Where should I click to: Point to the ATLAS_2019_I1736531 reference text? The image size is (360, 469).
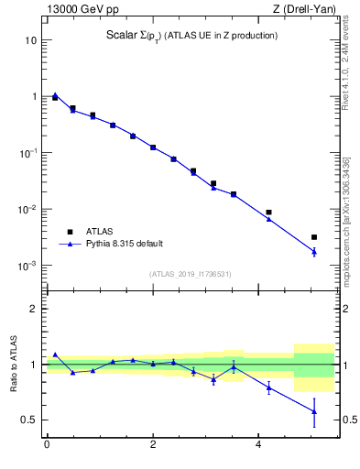coord(191,273)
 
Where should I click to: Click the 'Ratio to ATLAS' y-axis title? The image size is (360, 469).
coord(14,364)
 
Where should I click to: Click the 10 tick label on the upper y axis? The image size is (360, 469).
coord(31,40)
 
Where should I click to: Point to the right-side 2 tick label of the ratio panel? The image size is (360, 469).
coord(345,309)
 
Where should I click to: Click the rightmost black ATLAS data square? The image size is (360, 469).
coord(314,237)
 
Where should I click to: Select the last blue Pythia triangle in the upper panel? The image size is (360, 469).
coord(314,251)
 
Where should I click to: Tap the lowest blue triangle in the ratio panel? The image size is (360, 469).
coord(314,411)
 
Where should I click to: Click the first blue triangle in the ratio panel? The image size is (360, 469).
coord(55,354)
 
